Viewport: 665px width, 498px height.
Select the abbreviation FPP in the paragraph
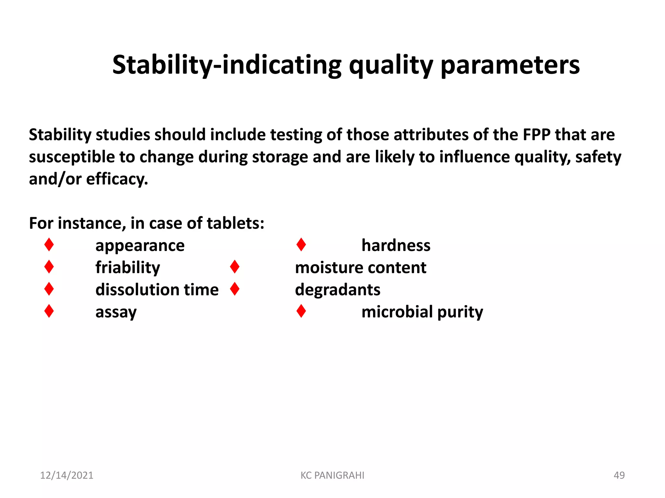point(536,135)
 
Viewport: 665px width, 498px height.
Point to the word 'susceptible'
point(71,157)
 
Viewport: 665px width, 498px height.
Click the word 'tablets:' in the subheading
point(235,223)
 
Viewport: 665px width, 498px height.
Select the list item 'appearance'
point(140,245)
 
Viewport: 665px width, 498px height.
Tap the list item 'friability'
point(128,268)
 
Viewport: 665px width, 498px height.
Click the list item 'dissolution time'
point(157,290)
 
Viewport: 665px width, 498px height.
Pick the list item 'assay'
point(116,312)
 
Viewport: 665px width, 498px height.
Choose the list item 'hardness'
point(396,245)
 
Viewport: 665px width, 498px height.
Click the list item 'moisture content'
point(360,268)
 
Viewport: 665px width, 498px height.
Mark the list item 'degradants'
point(337,290)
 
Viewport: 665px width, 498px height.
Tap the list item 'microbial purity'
point(422,312)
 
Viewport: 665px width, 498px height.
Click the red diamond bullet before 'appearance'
point(49,244)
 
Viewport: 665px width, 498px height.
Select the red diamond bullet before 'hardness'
point(301,244)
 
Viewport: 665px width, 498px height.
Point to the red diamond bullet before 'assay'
point(49,311)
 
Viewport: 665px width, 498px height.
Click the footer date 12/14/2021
point(67,475)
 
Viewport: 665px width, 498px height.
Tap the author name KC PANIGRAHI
point(332,475)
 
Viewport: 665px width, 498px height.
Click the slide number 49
point(619,475)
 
